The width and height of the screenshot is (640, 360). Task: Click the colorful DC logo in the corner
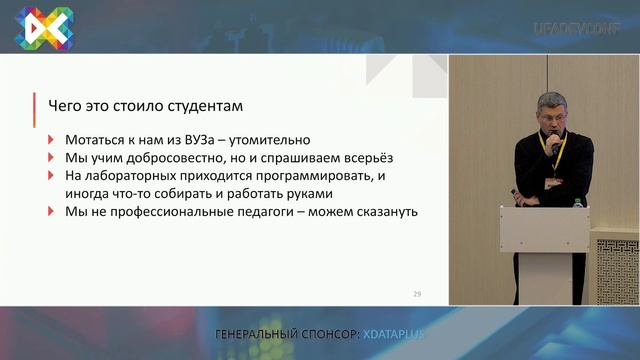point(43,28)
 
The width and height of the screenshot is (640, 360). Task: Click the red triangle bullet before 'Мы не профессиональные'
point(52,212)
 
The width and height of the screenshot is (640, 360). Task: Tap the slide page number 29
point(417,294)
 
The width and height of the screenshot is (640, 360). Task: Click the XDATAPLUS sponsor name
point(394,333)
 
